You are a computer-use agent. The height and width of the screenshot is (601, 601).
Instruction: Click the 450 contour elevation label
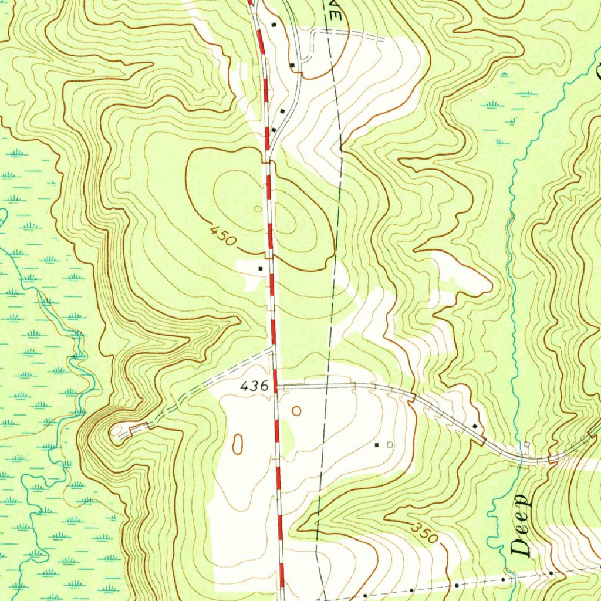223,237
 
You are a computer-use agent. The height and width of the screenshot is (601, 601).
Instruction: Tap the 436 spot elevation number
255,386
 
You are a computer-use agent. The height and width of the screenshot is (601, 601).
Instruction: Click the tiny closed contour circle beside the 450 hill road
258,208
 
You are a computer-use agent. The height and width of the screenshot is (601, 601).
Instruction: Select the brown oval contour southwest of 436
238,444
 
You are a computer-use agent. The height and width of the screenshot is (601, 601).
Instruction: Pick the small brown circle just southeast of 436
296,411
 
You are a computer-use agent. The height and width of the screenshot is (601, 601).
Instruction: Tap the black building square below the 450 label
261,268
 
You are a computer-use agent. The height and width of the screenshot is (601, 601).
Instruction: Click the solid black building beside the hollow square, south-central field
377,445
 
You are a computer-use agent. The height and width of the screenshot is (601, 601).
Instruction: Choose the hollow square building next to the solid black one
389,445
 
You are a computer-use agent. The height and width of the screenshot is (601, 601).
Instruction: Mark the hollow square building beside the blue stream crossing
527,444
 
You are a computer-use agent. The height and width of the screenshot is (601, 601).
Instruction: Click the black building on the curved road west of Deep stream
474,426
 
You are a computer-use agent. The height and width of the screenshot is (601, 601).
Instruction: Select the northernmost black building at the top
274,25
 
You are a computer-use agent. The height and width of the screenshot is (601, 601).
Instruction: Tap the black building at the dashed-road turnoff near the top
292,65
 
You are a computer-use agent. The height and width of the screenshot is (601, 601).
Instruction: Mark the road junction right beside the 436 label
276,386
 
